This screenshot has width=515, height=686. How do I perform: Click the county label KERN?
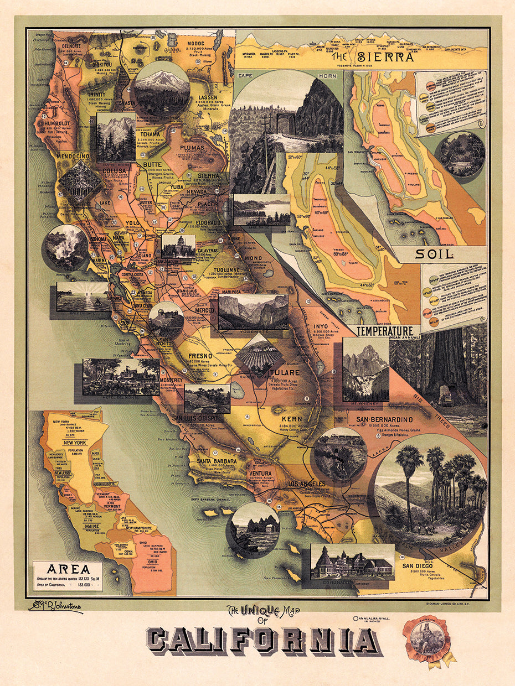pyautogui.click(x=292, y=419)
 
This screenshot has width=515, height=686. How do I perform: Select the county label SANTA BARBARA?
pyautogui.click(x=217, y=460)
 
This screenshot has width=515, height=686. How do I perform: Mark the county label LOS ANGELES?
pyautogui.click(x=304, y=484)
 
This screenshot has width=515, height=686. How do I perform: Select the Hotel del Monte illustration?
pyautogui.click(x=121, y=377)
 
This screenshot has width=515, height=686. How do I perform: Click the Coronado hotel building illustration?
pyautogui.click(x=352, y=561)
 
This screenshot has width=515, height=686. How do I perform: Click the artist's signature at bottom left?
pyautogui.click(x=55, y=607)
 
